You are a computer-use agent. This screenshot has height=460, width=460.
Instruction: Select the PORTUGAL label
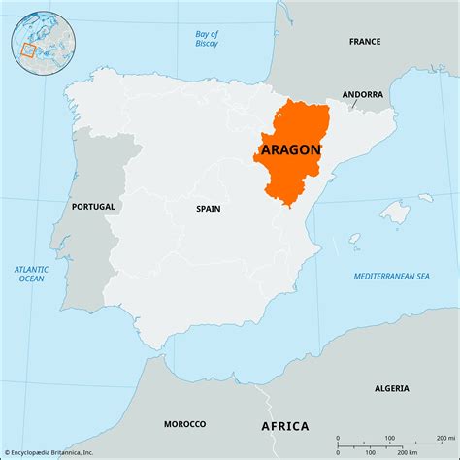coord(93,206)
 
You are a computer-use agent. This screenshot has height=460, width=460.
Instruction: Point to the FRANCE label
coord(366,42)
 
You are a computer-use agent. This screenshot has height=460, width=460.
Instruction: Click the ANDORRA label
coord(362,94)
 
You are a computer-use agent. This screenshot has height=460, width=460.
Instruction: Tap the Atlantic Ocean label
coord(31,274)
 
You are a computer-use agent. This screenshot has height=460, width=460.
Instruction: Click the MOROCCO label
coord(183,423)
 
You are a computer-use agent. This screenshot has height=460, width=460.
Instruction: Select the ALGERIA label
coord(391,387)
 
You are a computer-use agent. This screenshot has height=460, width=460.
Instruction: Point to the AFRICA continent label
coord(284,425)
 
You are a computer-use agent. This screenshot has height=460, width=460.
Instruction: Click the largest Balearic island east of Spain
coord(394,213)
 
